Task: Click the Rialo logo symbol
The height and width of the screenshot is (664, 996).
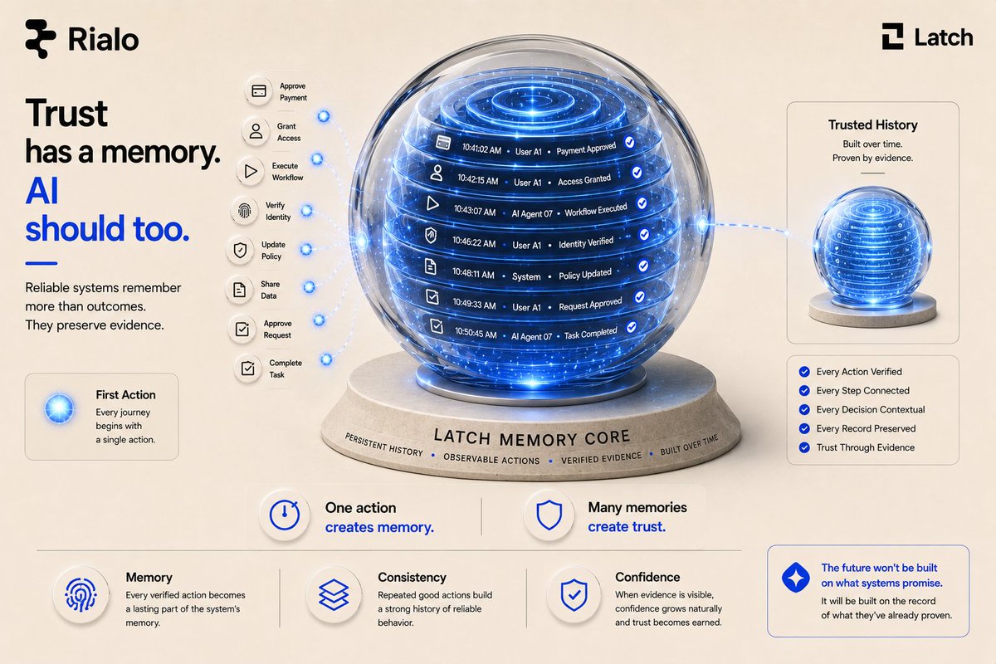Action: tap(41, 39)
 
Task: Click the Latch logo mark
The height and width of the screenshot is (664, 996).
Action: tap(892, 37)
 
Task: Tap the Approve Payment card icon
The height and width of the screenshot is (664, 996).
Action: tap(259, 91)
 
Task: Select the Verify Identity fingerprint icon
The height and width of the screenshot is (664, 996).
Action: tap(245, 210)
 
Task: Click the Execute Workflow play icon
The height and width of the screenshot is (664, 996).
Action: tap(251, 171)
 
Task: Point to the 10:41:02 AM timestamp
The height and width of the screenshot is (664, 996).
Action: tap(481, 149)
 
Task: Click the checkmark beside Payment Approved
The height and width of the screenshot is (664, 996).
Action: tap(630, 142)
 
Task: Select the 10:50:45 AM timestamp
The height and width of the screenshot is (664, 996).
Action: tap(476, 333)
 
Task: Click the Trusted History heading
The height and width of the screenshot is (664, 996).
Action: tap(872, 125)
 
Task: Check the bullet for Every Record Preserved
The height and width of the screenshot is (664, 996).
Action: tap(804, 428)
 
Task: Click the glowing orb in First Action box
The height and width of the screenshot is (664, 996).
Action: tap(59, 408)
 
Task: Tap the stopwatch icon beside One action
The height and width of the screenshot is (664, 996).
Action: tap(285, 515)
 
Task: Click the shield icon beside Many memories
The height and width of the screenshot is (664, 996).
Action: tap(549, 515)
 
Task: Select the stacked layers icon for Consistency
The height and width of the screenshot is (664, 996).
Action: tap(334, 594)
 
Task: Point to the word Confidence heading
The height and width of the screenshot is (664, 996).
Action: tap(647, 578)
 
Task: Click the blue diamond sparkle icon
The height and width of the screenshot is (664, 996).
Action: tap(795, 578)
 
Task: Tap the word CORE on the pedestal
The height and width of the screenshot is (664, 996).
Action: tap(608, 437)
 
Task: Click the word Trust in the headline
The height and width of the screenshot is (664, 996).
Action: tap(66, 113)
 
